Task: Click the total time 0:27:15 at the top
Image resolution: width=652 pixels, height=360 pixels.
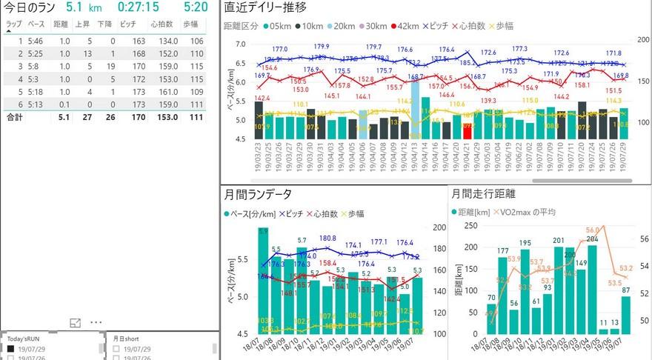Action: [139, 7]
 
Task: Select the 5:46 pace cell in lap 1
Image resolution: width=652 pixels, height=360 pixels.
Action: [34, 41]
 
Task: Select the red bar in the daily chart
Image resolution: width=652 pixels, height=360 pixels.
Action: [467, 131]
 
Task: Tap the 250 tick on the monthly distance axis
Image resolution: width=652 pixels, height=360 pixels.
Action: [470, 226]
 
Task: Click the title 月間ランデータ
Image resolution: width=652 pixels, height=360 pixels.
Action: [258, 195]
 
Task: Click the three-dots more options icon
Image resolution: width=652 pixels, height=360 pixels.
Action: [96, 323]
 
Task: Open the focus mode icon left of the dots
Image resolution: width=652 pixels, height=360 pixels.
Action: [75, 323]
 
